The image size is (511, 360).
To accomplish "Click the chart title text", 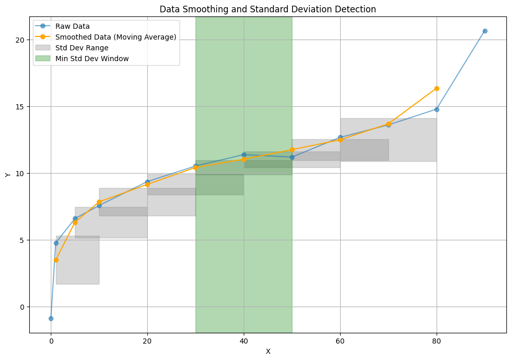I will coord(268,9).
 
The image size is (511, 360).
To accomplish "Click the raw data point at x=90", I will coord(485,31).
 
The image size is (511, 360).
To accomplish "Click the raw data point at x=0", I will coord(51,318).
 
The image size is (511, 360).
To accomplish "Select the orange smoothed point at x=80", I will coord(437,88).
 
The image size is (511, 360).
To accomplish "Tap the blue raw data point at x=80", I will coord(437,109).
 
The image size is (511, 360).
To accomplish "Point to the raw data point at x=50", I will coord(292,157).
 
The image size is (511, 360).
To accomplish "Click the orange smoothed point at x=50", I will coord(292,150).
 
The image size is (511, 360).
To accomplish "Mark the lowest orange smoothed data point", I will coord(56,260).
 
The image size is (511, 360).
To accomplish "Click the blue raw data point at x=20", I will coord(147,182).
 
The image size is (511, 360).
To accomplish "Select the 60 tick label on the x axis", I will coord(340,340).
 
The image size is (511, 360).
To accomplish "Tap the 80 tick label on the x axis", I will coord(437,340).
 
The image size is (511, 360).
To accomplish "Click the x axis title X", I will coord(268,352).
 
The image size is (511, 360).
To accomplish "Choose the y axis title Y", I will coord(8,175).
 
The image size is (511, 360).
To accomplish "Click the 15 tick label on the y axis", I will coord(21,107).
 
